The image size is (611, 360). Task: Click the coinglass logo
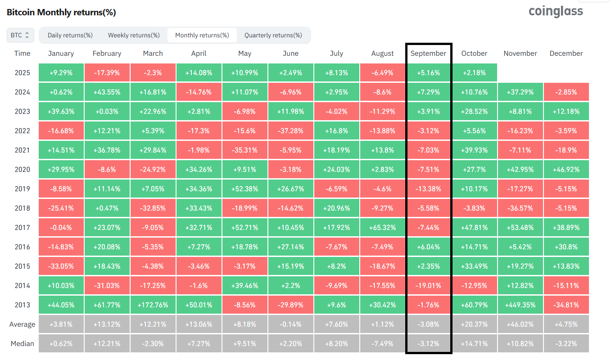point(556,11)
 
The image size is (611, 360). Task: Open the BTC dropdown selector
point(20,35)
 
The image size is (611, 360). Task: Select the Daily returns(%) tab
point(70,35)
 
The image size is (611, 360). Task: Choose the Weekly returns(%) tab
point(134,35)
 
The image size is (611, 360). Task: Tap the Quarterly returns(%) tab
point(273,35)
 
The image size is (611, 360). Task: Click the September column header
point(428,54)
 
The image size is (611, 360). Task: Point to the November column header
point(520,54)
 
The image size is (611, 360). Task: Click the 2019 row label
point(23,189)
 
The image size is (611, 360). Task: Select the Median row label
point(23,344)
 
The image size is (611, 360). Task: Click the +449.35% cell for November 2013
point(520,305)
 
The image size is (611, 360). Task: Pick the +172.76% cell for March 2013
point(153,305)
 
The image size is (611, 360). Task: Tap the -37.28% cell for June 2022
point(290,131)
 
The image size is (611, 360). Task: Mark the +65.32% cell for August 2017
point(382,228)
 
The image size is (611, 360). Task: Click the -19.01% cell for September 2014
point(428,286)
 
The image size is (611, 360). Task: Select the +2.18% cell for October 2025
point(474,73)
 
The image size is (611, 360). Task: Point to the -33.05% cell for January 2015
point(61,266)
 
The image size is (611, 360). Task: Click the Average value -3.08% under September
point(428,324)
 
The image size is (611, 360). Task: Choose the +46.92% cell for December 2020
point(566,170)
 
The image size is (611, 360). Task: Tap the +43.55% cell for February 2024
point(107,92)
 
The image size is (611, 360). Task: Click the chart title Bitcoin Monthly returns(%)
point(61,12)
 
